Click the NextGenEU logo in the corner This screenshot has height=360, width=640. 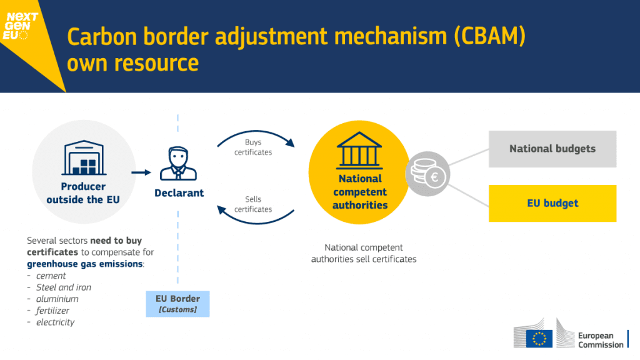[x=22, y=26]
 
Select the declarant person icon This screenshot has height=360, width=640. [x=179, y=163]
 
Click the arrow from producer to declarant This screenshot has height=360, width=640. [x=142, y=172]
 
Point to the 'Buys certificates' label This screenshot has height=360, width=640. [x=252, y=147]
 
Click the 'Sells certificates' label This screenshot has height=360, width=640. [x=252, y=204]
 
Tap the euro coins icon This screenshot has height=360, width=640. [x=429, y=172]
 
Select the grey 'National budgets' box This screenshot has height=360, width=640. [x=552, y=149]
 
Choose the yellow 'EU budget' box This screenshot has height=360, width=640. [x=552, y=203]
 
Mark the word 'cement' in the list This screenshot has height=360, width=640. [x=51, y=276]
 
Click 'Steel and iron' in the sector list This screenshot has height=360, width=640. [x=63, y=287]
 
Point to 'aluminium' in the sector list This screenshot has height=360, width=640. [x=57, y=299]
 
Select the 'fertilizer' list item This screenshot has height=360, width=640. [x=52, y=311]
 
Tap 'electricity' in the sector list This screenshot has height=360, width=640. [x=55, y=322]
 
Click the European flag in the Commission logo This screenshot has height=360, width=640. [x=539, y=338]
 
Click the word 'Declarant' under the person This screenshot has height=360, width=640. [x=179, y=193]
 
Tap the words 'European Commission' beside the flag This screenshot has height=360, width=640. [x=600, y=340]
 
